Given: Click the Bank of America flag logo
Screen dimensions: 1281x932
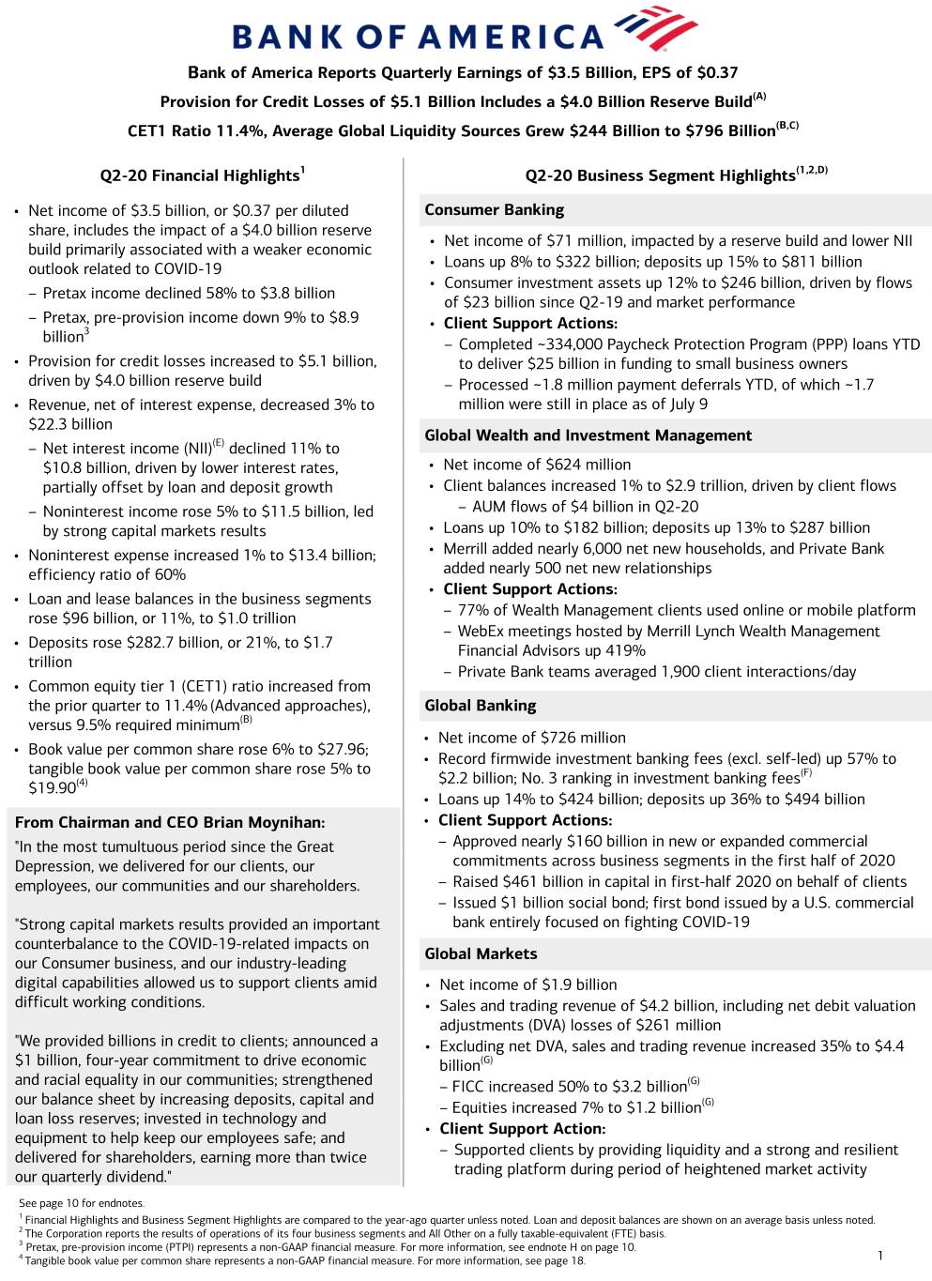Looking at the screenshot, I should [657, 28].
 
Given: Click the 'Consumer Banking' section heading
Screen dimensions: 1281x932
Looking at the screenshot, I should [494, 210].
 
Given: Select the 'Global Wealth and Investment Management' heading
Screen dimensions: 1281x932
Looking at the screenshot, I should [588, 435].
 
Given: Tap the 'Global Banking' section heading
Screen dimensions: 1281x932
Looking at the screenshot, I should [480, 706].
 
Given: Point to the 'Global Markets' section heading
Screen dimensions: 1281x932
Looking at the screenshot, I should [481, 953].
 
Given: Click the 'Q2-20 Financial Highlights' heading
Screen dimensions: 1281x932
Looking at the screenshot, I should [202, 175].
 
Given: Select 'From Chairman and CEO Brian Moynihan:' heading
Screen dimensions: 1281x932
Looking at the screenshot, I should [170, 823].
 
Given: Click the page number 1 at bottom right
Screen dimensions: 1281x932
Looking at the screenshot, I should [879, 1256].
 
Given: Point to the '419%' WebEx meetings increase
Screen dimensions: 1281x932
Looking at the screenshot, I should [625, 651].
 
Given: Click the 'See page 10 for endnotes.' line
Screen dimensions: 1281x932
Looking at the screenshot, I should [82, 1203].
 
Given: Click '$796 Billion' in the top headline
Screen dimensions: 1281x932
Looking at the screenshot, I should [728, 131].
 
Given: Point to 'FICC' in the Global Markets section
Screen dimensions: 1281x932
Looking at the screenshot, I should [469, 1087].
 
